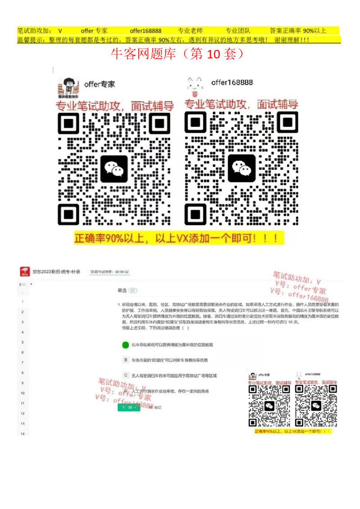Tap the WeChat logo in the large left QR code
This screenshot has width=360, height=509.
(x=114, y=169)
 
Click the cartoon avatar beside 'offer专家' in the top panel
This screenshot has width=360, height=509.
(x=69, y=88)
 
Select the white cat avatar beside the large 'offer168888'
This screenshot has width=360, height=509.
(x=195, y=87)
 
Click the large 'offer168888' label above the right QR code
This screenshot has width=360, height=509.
(x=232, y=82)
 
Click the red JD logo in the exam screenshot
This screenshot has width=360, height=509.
(x=25, y=272)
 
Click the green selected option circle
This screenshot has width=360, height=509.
(x=126, y=345)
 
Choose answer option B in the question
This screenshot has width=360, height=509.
(x=126, y=360)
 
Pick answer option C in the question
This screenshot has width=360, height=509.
(x=126, y=375)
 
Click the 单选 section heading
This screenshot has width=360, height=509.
(x=122, y=290)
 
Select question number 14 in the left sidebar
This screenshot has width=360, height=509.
(x=22, y=434)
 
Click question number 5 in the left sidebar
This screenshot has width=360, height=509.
(x=22, y=343)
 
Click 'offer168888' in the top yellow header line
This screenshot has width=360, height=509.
(x=145, y=31)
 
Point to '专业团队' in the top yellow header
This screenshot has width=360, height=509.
(x=238, y=31)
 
